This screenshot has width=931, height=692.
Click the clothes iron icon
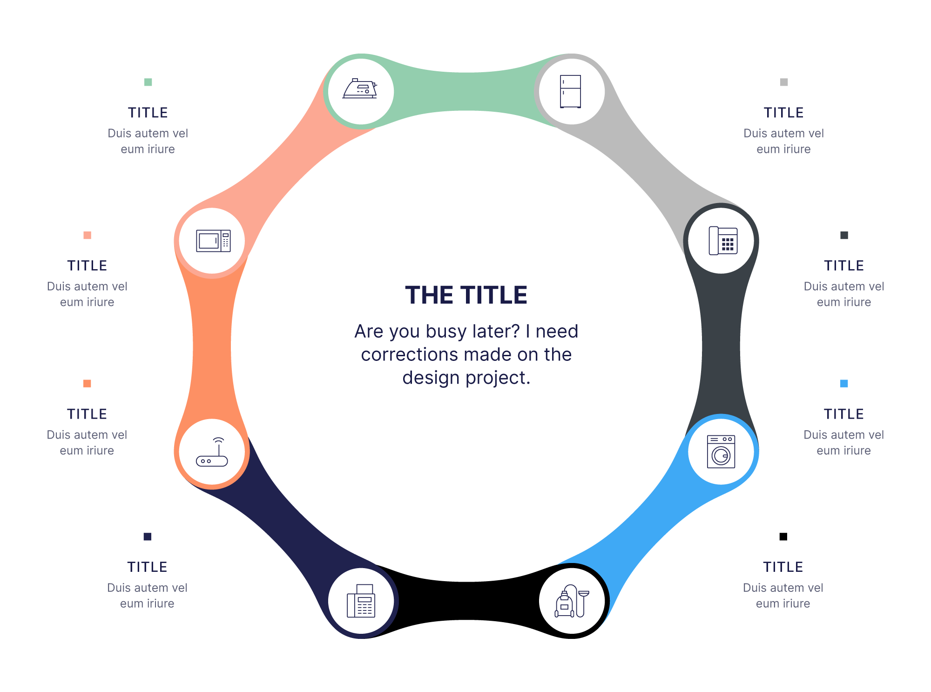(x=360, y=89)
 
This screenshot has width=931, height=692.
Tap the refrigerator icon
(x=571, y=91)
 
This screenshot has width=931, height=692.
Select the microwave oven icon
(x=213, y=241)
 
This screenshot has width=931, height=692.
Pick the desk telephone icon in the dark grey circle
(x=722, y=240)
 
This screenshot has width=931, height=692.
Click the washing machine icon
(x=721, y=451)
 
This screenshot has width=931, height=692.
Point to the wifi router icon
(x=212, y=453)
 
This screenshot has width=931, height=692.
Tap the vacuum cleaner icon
(x=572, y=601)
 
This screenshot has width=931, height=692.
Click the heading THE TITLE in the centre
(x=466, y=295)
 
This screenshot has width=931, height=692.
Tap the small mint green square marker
(x=148, y=82)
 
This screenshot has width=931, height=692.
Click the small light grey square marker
(x=784, y=82)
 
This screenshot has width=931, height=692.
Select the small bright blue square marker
(x=844, y=384)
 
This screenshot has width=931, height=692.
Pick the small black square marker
(x=783, y=536)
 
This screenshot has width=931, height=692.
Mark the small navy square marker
(x=148, y=536)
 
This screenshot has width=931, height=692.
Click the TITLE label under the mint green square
(x=148, y=113)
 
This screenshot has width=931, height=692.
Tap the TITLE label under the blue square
(x=844, y=414)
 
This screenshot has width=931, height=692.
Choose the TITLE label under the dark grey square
(x=844, y=265)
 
